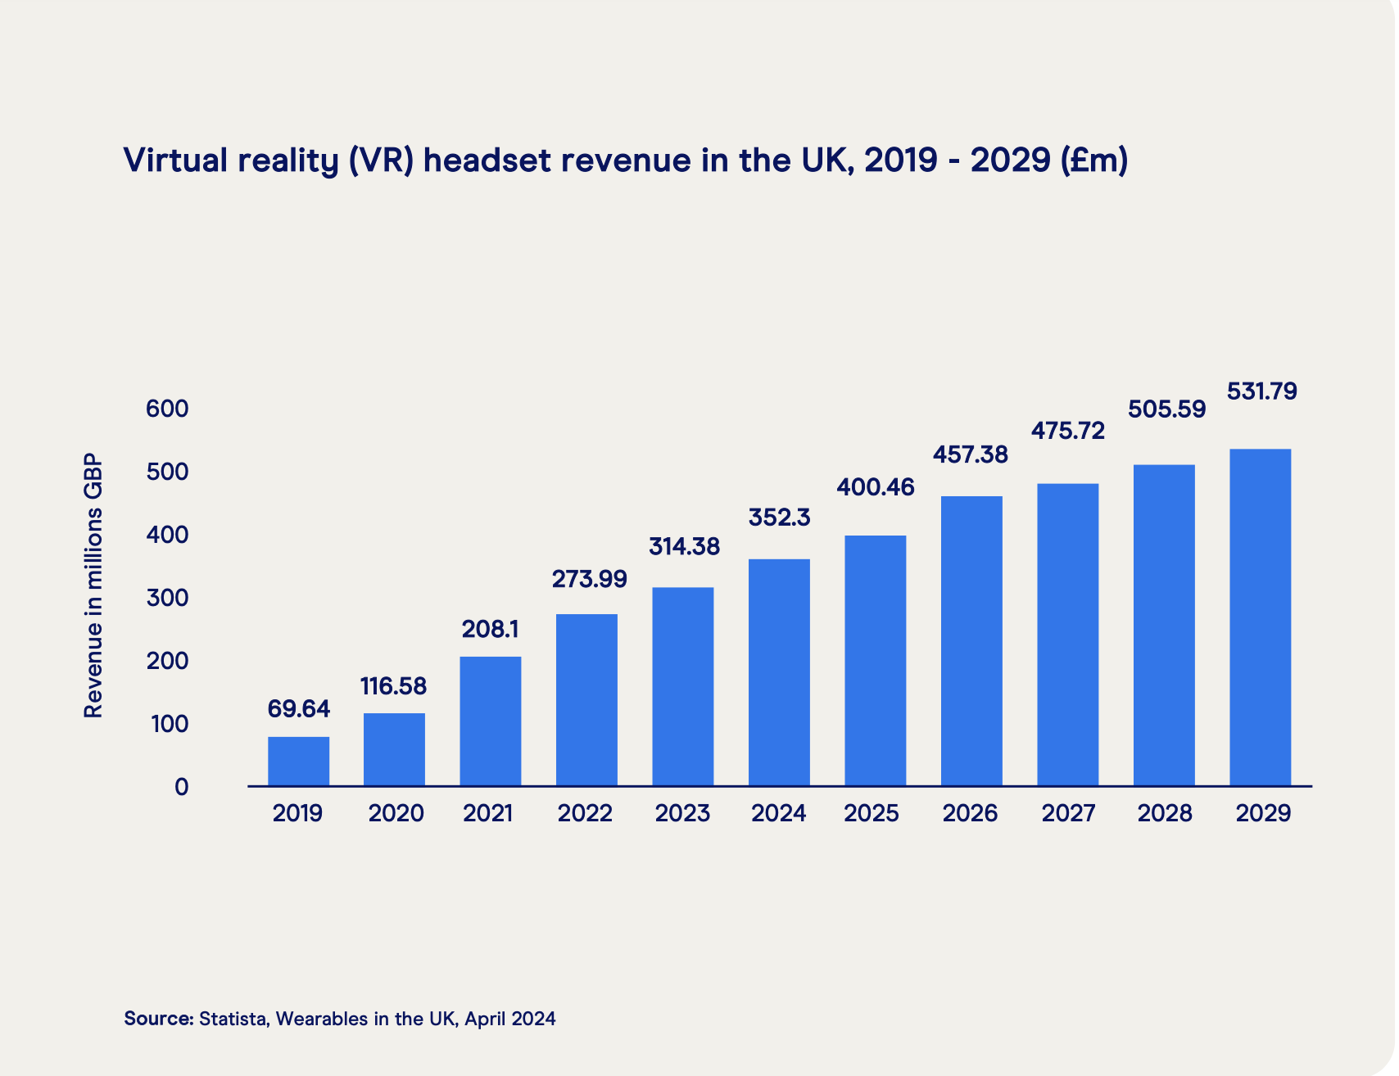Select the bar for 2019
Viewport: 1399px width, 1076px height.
click(298, 762)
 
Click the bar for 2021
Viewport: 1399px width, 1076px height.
click(490, 721)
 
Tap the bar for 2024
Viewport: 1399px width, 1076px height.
click(779, 672)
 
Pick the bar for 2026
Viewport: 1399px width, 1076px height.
click(971, 641)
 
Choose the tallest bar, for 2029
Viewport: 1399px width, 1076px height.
click(1260, 617)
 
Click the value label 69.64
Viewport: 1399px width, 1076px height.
click(298, 709)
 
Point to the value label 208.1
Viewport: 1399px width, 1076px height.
click(490, 629)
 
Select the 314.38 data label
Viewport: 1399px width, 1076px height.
click(684, 547)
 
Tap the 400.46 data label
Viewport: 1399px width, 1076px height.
click(875, 488)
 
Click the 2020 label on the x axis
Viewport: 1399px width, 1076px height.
click(396, 814)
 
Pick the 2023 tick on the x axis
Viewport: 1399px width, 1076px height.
click(682, 814)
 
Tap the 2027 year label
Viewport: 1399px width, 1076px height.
click(1068, 814)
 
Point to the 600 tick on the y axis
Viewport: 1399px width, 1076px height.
click(167, 409)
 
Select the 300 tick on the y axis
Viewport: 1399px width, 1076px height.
click(167, 598)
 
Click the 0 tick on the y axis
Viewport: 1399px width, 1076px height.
click(181, 787)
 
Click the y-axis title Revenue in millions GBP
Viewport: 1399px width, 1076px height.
click(94, 585)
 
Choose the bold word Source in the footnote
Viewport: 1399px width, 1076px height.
click(158, 1019)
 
